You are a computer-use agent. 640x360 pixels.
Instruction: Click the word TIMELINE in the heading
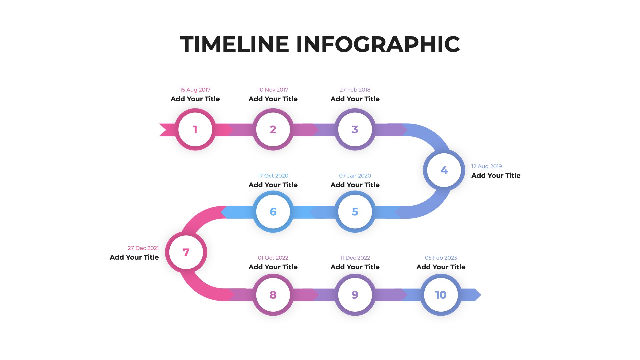click(x=234, y=44)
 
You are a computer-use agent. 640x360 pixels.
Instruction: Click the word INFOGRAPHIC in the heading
click(x=378, y=44)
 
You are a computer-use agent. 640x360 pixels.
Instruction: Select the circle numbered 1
click(x=195, y=129)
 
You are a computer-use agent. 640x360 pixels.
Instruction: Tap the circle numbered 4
click(x=444, y=170)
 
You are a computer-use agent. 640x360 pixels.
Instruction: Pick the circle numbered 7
click(x=186, y=252)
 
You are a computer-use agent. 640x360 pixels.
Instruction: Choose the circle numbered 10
click(x=441, y=295)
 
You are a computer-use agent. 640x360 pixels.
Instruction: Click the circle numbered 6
click(x=273, y=212)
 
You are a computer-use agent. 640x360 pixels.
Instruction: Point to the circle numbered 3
click(x=355, y=129)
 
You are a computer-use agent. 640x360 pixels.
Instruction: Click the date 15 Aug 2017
click(x=195, y=90)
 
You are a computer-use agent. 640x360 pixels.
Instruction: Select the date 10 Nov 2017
click(x=273, y=90)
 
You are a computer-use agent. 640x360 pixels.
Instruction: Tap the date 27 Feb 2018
click(x=355, y=90)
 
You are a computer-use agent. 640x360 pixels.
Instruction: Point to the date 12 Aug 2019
click(x=487, y=166)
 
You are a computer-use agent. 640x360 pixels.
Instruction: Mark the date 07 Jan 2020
click(x=355, y=176)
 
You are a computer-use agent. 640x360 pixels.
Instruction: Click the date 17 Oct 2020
click(x=273, y=176)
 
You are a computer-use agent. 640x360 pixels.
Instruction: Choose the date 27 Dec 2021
click(x=143, y=248)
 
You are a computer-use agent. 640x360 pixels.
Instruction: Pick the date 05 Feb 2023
click(x=441, y=258)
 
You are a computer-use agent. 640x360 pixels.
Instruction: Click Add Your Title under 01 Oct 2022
click(x=273, y=267)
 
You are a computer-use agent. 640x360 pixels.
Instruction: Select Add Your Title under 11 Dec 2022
click(x=355, y=267)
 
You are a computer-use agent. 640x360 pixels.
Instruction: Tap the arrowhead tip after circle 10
click(x=481, y=295)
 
